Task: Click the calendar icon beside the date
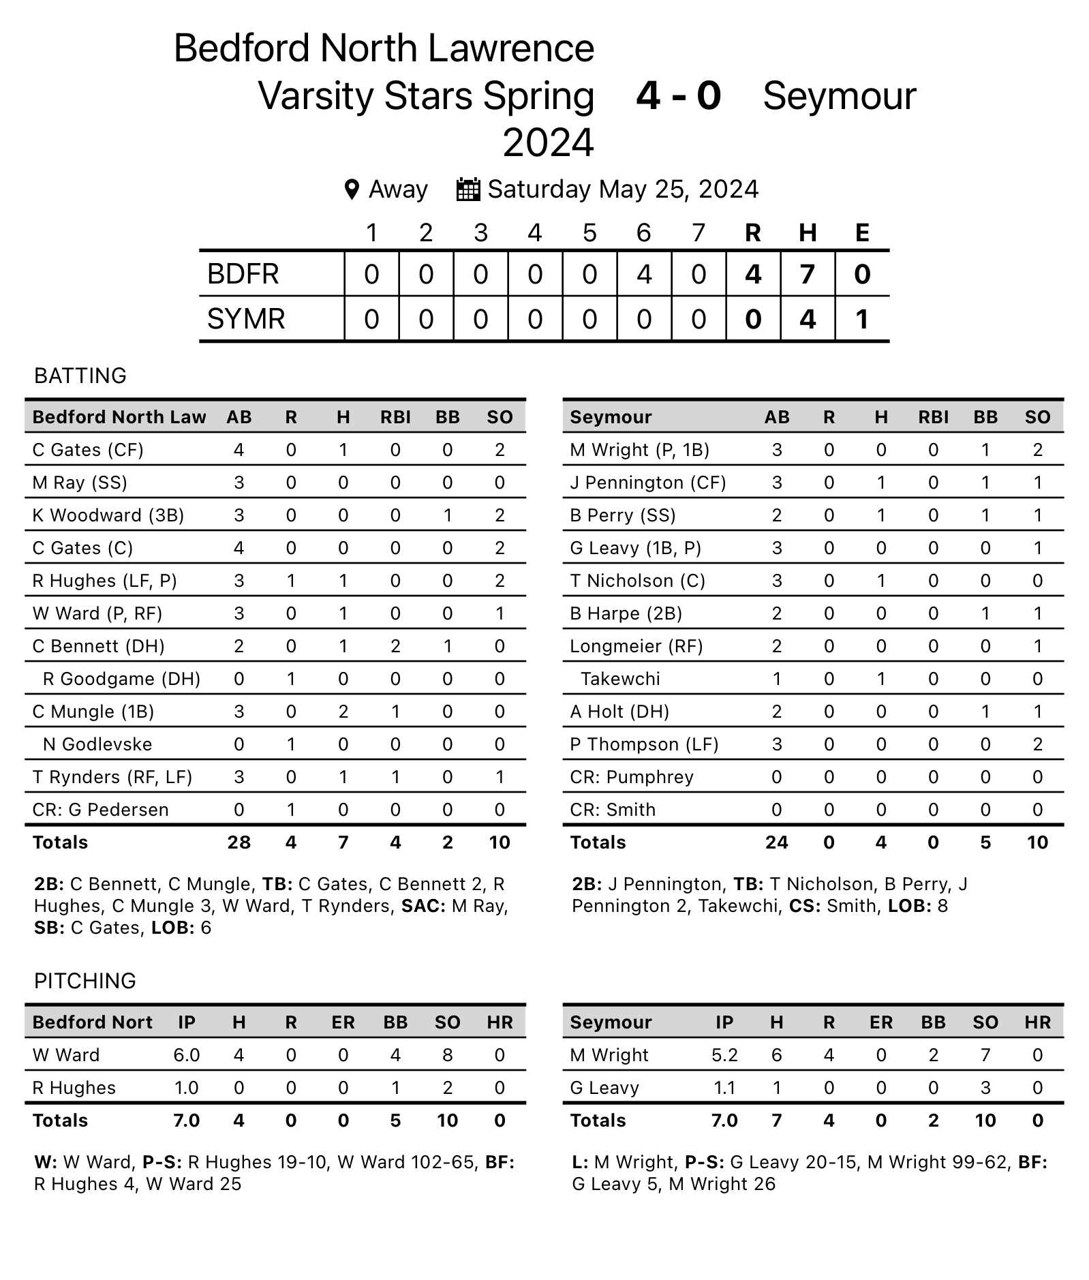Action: tap(467, 189)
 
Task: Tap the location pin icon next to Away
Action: tap(352, 189)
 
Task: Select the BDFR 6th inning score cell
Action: tap(644, 274)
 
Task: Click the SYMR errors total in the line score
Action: tap(862, 319)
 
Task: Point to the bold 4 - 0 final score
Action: tap(678, 95)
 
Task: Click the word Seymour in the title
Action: tap(839, 95)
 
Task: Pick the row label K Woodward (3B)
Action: tap(108, 515)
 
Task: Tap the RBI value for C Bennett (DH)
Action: tap(395, 646)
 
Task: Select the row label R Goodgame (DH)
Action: tap(121, 679)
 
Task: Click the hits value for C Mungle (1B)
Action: tap(343, 712)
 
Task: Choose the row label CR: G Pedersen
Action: tap(100, 810)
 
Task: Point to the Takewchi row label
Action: tap(620, 679)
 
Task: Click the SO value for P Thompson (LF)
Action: tap(1037, 744)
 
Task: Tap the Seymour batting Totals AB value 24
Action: tap(776, 842)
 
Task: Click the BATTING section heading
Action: tap(80, 376)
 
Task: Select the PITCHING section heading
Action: tap(85, 981)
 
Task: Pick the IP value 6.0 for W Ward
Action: tap(186, 1055)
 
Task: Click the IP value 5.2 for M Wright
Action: tap(724, 1055)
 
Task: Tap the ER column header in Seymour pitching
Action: tap(881, 1022)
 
